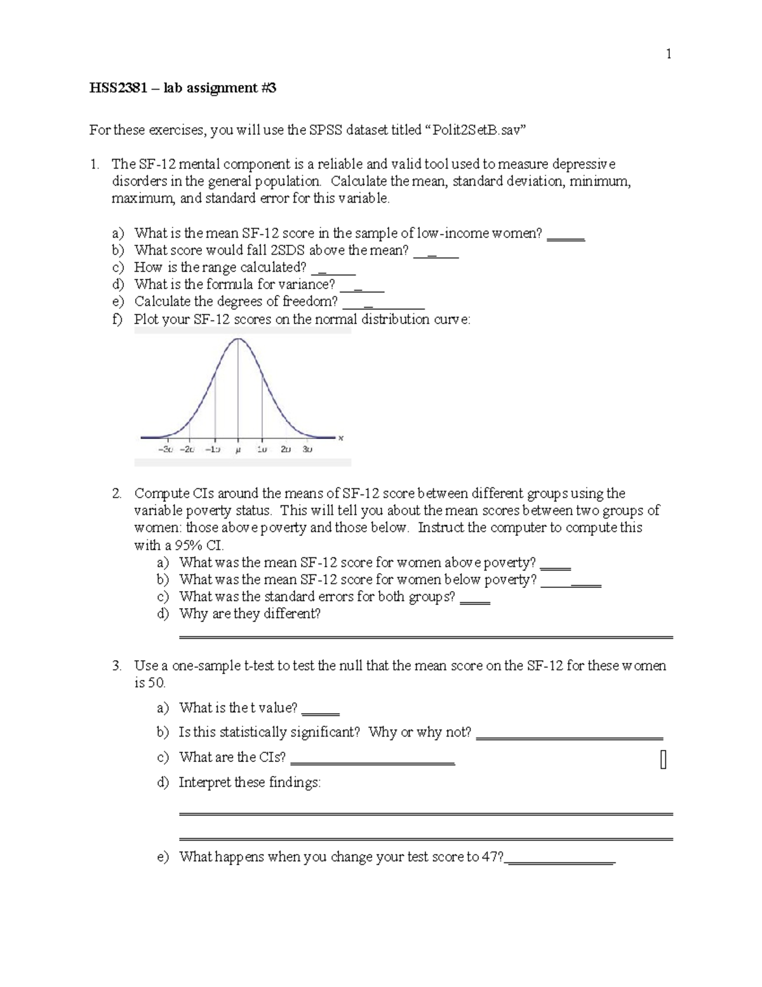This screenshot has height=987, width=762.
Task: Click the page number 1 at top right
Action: coord(668,54)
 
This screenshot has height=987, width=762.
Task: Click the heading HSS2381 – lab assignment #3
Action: coord(183,88)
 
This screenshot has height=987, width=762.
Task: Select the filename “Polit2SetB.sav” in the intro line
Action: coord(478,130)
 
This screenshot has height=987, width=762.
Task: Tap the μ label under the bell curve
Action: coord(238,449)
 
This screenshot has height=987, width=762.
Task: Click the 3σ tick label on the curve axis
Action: coord(307,449)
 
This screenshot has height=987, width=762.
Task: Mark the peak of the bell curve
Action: coord(238,339)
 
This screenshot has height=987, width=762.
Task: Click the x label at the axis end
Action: coord(340,438)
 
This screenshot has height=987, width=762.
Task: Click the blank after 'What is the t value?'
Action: coord(321,709)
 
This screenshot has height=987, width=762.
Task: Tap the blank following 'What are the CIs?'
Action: coord(372,759)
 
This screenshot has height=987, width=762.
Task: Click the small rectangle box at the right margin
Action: coord(663,759)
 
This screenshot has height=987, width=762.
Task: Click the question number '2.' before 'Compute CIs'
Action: coord(117,494)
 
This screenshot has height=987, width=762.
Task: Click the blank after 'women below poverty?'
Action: coord(571,581)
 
